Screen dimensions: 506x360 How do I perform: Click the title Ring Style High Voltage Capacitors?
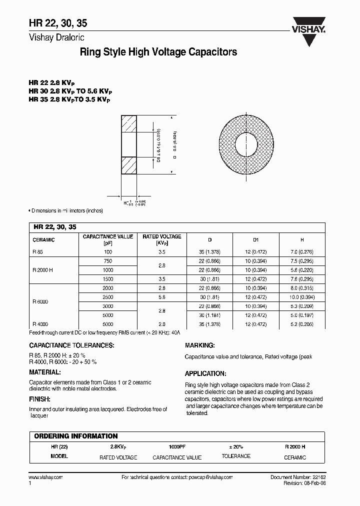(158, 52)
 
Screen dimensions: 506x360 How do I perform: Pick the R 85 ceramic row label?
(37, 253)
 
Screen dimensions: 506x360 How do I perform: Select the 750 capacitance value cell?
(108, 261)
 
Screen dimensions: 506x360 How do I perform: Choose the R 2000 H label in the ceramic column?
(43, 270)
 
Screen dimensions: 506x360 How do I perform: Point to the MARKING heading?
(200, 345)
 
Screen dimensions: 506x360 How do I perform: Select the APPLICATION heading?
(205, 373)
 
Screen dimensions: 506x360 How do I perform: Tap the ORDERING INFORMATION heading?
(76, 436)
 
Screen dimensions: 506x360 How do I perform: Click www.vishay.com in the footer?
(45, 477)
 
